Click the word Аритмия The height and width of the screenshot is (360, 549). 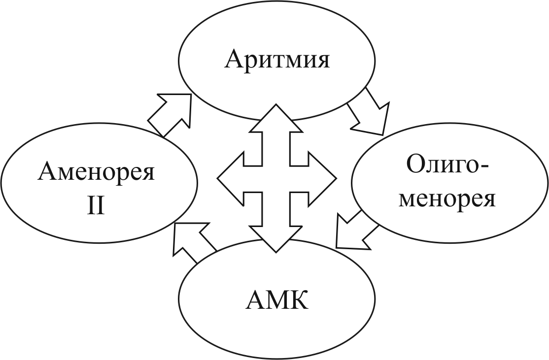(x=277, y=60)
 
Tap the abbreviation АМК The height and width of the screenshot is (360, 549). (x=277, y=300)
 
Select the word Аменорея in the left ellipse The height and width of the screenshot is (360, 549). (x=96, y=173)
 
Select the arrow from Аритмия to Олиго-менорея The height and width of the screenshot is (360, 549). (x=369, y=114)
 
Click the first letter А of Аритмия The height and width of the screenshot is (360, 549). (x=234, y=60)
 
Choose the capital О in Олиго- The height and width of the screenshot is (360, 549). (x=416, y=167)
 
